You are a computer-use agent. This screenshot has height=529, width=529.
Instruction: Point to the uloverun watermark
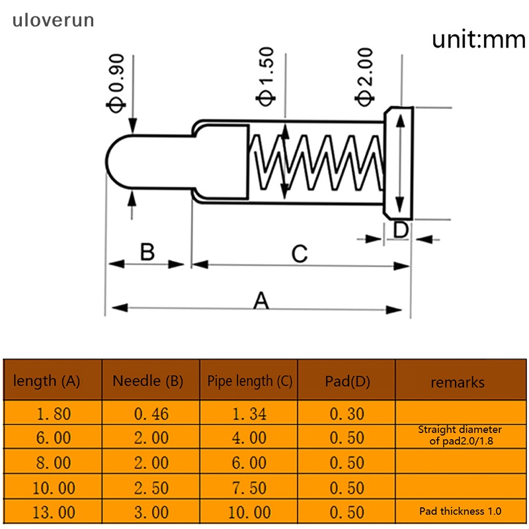pos(53,20)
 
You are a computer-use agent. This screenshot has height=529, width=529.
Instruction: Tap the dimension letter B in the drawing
pos(147,252)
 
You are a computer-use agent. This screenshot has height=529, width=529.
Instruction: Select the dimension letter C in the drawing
pos(300,253)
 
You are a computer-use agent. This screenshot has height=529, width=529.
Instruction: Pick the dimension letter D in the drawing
pos(401,230)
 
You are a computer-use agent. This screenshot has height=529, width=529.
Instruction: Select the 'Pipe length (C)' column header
pos(249,381)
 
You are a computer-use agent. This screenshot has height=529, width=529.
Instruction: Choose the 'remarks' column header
pos(458,382)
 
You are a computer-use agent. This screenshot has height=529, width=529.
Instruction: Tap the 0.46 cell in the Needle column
pos(151,415)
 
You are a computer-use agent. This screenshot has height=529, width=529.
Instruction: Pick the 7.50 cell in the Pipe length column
pos(249,488)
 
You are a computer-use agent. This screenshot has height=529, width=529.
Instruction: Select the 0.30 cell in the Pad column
pos(346,415)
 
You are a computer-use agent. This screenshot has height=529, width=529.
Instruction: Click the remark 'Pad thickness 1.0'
pos(460,511)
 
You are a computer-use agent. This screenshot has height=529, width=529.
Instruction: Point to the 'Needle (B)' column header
pos(147,381)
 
